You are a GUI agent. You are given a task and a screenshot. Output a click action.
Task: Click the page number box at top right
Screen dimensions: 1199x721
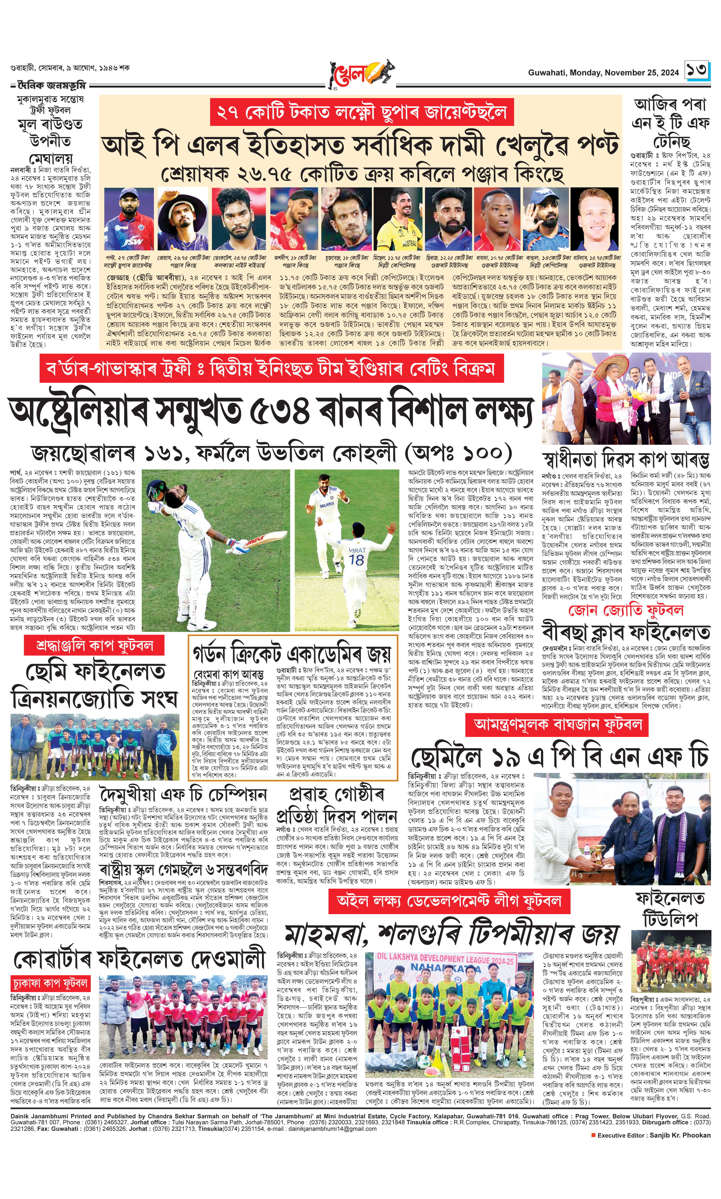(x=697, y=70)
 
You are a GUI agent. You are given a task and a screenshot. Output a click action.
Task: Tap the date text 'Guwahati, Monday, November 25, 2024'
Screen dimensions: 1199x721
(x=603, y=73)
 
